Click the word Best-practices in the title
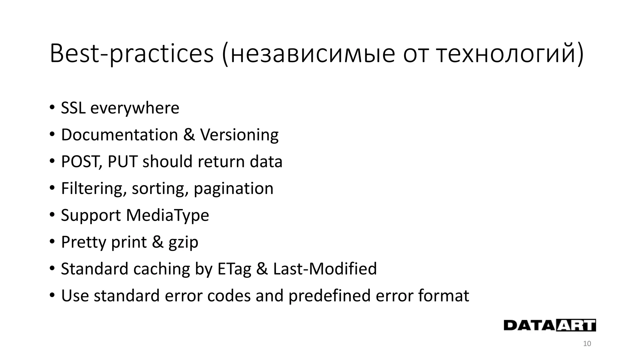click(x=131, y=54)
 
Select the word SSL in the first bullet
click(x=73, y=108)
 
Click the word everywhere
click(x=135, y=108)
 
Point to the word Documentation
click(x=119, y=135)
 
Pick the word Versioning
click(x=239, y=135)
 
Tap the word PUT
click(x=122, y=162)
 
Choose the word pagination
click(x=233, y=189)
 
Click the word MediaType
click(x=167, y=216)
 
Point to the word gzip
click(x=183, y=242)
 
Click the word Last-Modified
click(x=325, y=269)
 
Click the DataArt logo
click(x=550, y=325)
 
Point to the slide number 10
click(x=587, y=344)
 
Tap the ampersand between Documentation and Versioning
click(x=189, y=135)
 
